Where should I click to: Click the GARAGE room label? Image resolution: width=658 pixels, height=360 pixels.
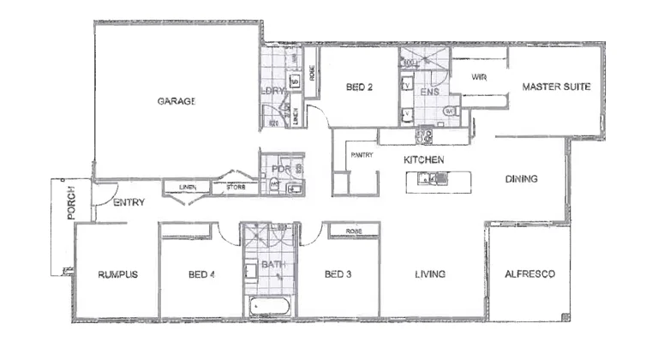click(176, 101)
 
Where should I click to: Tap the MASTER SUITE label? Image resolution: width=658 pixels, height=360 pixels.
click(556, 87)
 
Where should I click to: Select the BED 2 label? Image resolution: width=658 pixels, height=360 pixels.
click(359, 87)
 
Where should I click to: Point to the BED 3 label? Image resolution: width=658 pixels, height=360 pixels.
click(338, 275)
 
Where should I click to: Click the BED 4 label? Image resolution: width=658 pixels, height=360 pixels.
click(200, 275)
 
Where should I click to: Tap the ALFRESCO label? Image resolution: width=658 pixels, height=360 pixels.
click(530, 274)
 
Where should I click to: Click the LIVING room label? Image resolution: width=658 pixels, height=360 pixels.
click(429, 275)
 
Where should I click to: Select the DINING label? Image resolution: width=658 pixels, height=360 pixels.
click(521, 179)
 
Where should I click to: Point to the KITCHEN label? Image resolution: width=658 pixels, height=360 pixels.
click(423, 160)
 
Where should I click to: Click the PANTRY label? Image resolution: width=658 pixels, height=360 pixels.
click(360, 155)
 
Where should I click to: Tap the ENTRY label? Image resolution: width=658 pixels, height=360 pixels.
click(129, 203)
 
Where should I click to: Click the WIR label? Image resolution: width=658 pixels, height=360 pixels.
click(479, 76)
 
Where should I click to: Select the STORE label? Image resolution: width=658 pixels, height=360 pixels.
click(236, 187)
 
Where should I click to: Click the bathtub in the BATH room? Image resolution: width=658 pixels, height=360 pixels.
click(269, 308)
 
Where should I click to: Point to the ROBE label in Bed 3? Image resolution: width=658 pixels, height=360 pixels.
click(351, 231)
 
